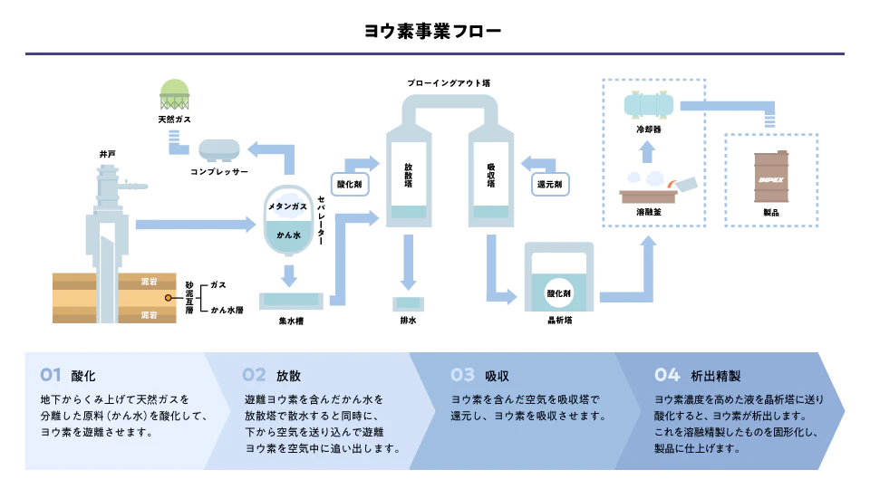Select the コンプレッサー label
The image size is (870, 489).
point(218,171)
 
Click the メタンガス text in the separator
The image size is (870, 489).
point(290,207)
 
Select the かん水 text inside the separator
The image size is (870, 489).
point(289,235)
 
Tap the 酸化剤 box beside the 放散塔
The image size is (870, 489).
point(349,184)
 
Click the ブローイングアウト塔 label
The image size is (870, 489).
point(449,82)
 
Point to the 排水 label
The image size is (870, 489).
point(408,320)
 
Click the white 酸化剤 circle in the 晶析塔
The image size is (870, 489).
point(558,293)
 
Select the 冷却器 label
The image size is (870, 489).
point(649,129)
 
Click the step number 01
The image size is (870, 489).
point(51,375)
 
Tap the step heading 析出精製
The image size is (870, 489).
point(716,375)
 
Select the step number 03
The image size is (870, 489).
point(462,375)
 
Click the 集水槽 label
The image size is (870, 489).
point(290,320)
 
